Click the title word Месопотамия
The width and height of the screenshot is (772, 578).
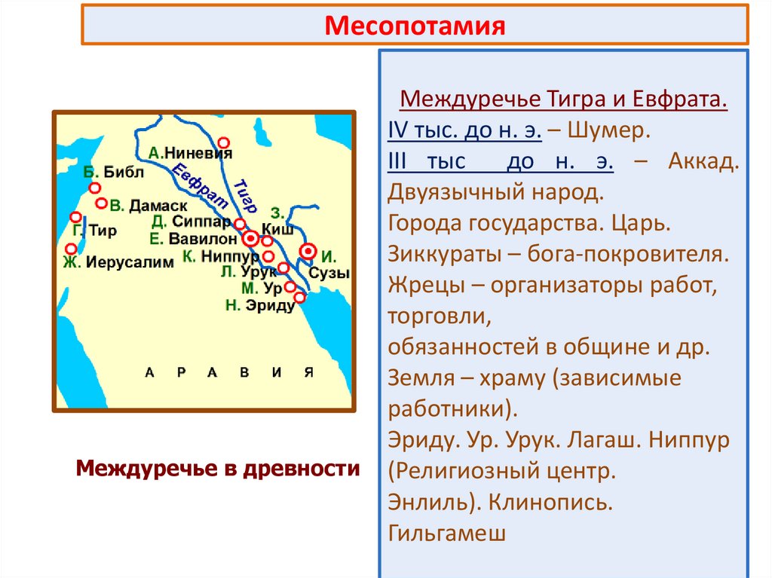[x=414, y=25]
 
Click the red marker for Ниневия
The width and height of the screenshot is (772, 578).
[x=222, y=142]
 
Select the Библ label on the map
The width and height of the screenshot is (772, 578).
[x=122, y=172]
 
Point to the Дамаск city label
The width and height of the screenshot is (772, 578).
[x=158, y=205]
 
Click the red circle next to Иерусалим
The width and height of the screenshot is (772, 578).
[x=71, y=249]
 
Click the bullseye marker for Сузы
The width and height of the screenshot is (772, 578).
[x=308, y=251]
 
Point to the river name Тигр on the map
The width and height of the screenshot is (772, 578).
[x=246, y=196]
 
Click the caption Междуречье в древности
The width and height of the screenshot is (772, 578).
[x=218, y=469]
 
